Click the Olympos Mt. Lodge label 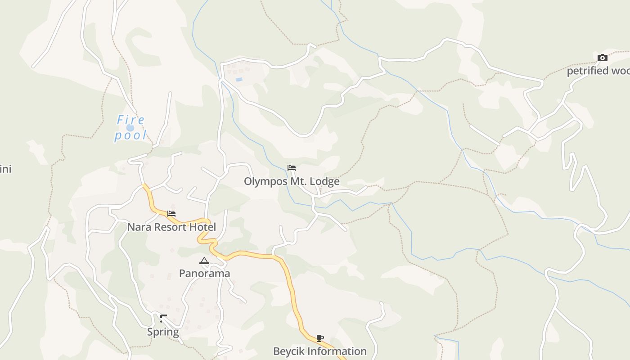(292, 181)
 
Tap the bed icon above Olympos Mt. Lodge (292, 168)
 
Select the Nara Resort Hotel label (171, 227)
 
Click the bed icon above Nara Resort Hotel (171, 213)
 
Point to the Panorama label (204, 273)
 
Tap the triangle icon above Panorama (204, 261)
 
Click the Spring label (163, 332)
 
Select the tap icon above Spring (163, 319)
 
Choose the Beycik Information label (320, 351)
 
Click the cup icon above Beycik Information (320, 338)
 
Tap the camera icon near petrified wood (603, 58)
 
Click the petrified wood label (598, 71)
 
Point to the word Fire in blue (131, 120)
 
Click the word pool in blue (130, 135)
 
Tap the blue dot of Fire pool (130, 128)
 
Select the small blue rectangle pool (239, 80)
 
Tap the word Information (337, 351)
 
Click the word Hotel (202, 227)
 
